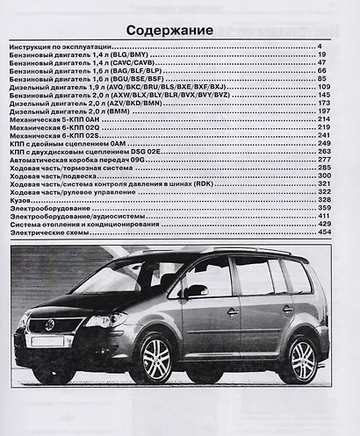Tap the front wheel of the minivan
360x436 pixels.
[x=156, y=360]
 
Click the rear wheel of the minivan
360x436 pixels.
[x=304, y=360]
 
